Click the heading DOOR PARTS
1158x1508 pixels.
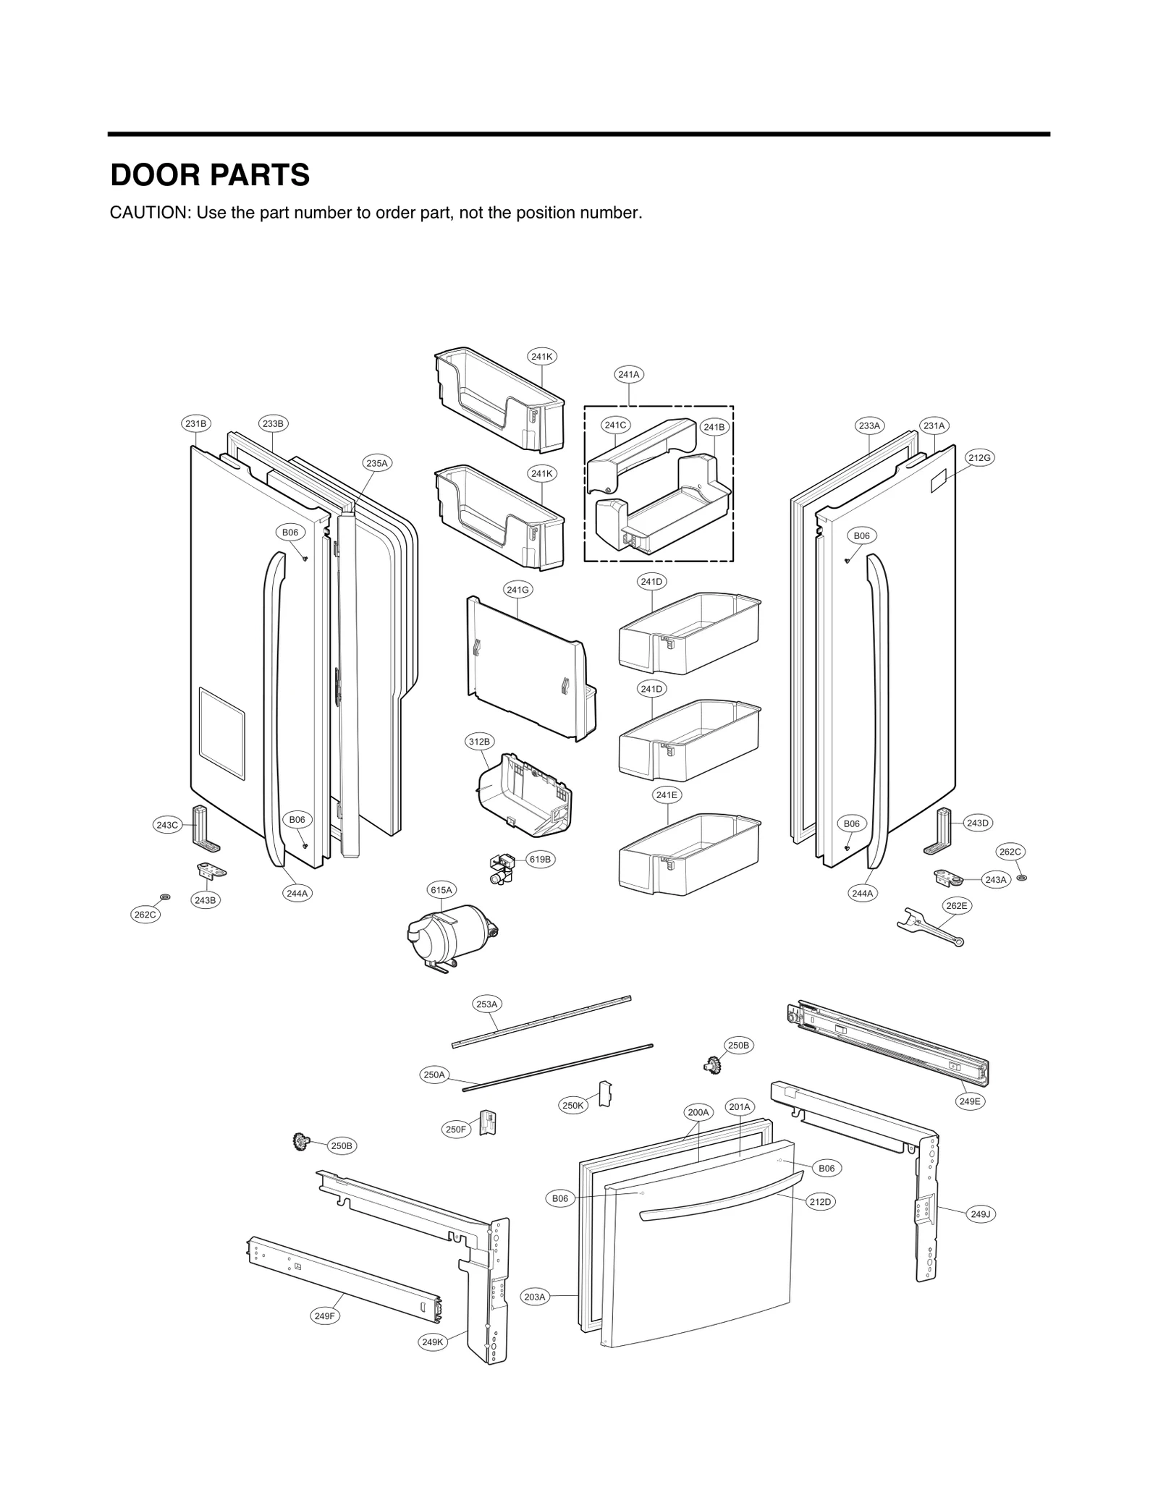point(210,176)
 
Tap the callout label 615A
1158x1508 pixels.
point(441,889)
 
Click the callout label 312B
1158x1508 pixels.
point(479,742)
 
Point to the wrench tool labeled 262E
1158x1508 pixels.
point(930,927)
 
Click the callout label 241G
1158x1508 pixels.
point(518,590)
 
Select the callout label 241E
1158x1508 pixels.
point(667,795)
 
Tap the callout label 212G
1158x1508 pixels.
point(979,457)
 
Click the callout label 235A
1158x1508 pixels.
point(376,462)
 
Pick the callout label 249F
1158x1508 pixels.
point(325,1316)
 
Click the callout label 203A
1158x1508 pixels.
point(535,1297)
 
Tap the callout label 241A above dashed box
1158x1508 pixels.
point(628,374)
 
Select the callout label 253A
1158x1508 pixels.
point(487,1004)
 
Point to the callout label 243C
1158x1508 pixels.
point(167,825)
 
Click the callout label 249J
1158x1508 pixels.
point(980,1213)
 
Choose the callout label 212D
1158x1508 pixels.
point(821,1201)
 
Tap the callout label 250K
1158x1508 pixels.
point(573,1106)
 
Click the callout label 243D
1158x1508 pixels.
point(978,823)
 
